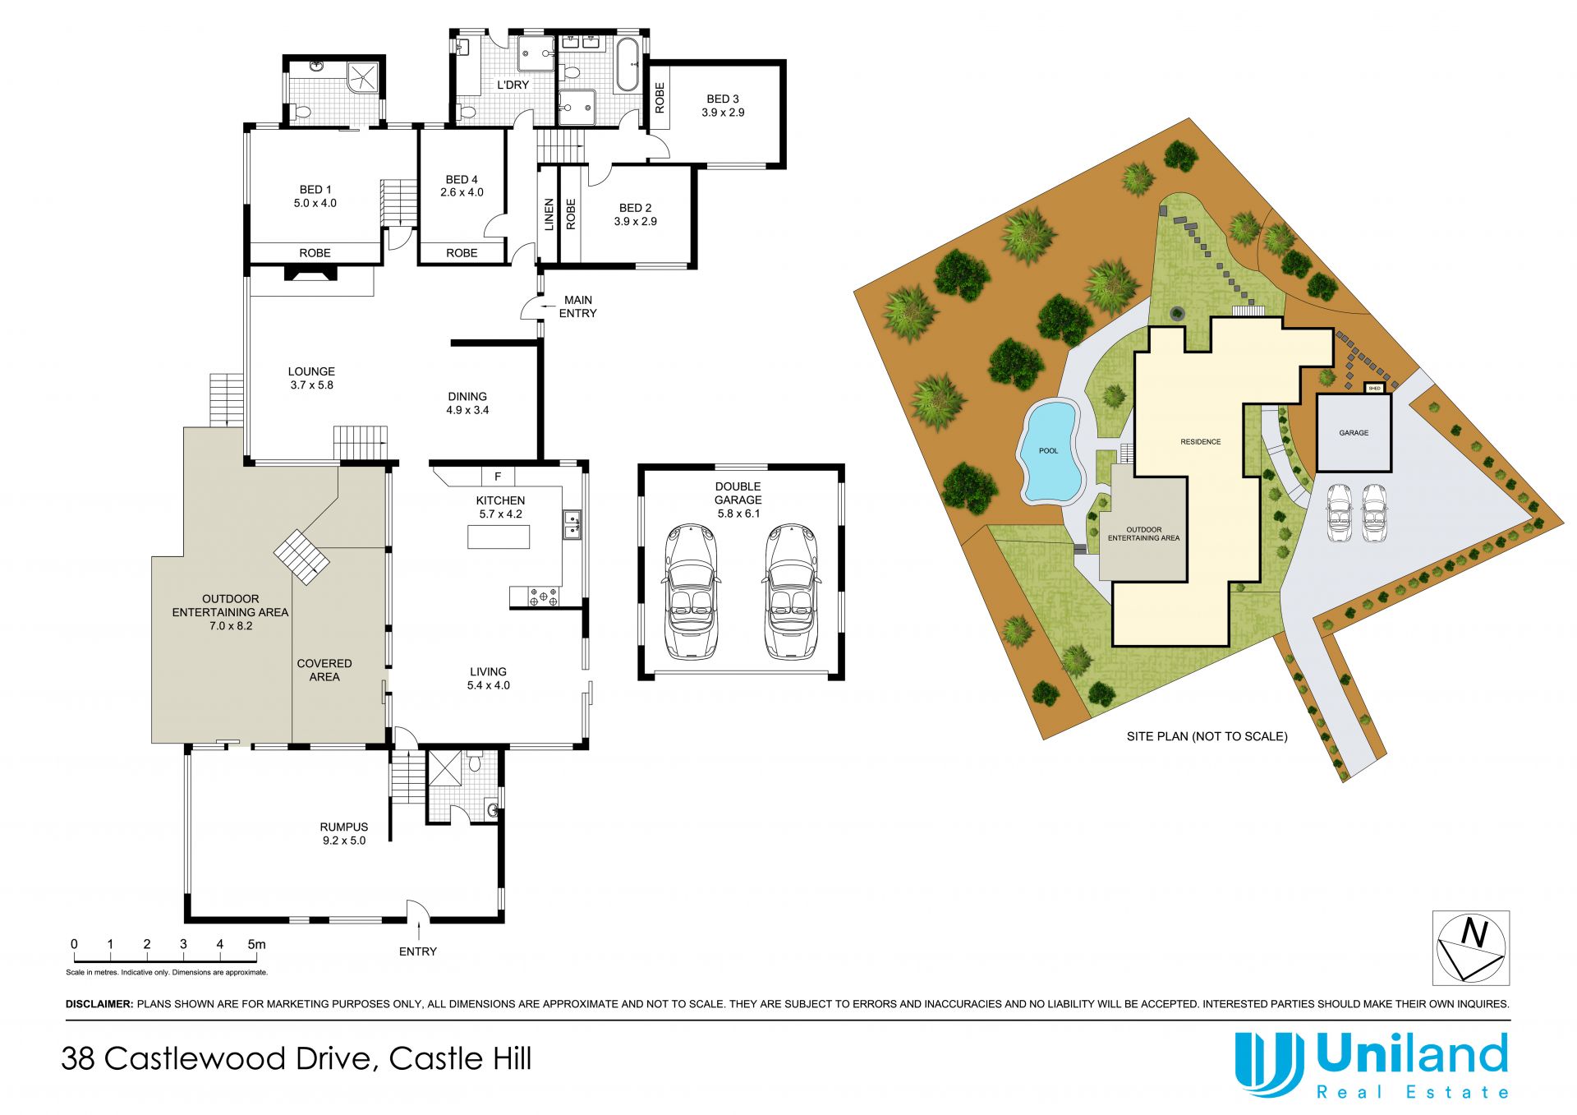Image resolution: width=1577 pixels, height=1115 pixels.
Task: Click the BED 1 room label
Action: pos(315,190)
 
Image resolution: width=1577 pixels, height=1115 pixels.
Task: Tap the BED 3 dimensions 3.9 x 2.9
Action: pos(723,113)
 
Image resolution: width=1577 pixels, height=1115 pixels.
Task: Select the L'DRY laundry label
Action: pos(513,85)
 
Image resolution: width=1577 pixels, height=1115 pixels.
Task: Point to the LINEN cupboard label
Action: pos(549,214)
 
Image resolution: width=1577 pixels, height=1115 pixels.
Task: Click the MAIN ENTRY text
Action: pos(578,306)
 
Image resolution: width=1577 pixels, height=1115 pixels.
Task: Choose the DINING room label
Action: pos(467,396)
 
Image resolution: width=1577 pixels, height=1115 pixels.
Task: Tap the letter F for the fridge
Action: pos(498,476)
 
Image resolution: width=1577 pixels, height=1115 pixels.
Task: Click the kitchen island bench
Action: pos(499,537)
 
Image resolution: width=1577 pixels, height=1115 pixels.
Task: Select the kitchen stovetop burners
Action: pos(544,597)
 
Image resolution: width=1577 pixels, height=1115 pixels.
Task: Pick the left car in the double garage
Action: pos(690,592)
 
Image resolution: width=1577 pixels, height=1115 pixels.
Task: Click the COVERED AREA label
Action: pos(324,670)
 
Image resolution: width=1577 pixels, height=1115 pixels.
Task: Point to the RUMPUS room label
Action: pos(344,827)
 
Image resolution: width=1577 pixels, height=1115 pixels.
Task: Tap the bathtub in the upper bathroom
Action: pos(628,65)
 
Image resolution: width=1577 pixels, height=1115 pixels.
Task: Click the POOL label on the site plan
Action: pos(1049,450)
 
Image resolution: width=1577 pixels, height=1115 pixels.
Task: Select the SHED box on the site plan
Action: pos(1375,388)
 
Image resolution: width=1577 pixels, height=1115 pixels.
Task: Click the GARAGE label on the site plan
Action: pos(1354,432)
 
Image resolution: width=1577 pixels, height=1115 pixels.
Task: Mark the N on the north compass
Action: pos(1475,934)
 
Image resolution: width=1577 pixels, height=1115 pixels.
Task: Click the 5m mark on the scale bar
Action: pos(256,944)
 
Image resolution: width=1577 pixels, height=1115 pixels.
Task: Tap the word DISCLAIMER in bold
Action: pos(99,1003)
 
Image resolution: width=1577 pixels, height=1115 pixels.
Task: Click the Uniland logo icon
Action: pos(1270,1064)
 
